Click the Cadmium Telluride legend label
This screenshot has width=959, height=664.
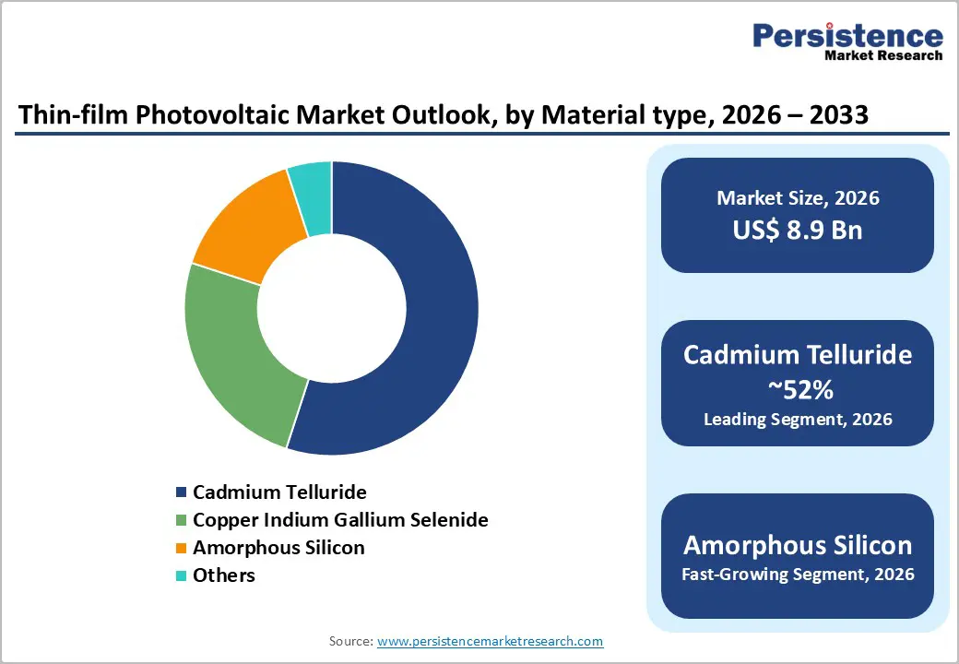[x=279, y=492]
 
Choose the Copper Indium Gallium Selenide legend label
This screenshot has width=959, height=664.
[x=340, y=520]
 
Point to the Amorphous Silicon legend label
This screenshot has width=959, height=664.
[x=278, y=548]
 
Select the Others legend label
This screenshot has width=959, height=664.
[x=224, y=575]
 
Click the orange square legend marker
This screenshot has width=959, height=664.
[x=182, y=549]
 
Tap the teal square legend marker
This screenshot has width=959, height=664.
[x=182, y=576]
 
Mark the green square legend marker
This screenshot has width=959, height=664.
[x=182, y=521]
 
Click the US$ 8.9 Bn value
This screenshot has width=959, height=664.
[x=798, y=230]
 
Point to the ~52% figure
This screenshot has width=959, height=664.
[x=798, y=390]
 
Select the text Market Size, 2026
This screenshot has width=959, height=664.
[x=798, y=198]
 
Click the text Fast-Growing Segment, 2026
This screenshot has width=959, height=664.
[x=798, y=575]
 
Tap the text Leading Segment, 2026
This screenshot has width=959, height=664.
[x=798, y=420]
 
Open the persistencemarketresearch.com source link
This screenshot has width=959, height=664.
[x=490, y=641]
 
